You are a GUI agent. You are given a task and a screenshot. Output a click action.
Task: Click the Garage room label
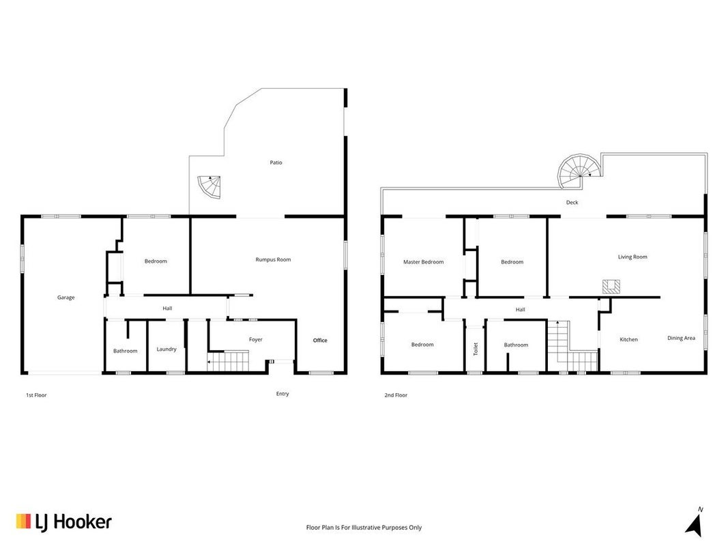point(66,298)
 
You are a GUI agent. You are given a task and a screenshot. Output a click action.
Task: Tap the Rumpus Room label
point(273,259)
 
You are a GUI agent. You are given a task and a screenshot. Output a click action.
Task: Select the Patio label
point(276,162)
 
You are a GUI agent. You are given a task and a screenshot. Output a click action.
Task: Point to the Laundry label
point(166,349)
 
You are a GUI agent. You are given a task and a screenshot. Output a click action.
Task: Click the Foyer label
point(255,340)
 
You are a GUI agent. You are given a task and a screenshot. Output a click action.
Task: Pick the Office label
point(320,341)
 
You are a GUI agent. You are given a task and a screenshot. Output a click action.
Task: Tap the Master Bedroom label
point(423,262)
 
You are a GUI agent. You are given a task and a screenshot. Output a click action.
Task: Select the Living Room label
point(632,257)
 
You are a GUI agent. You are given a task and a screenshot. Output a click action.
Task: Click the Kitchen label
point(628,339)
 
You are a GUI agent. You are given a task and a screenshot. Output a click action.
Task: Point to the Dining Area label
point(681,338)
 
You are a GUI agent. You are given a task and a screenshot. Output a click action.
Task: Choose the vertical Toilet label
point(476,349)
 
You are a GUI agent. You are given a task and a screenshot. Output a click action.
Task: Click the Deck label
point(572,203)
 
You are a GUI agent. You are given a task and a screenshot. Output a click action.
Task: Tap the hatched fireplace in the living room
point(611,287)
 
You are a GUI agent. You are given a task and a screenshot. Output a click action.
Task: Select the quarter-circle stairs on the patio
point(210,186)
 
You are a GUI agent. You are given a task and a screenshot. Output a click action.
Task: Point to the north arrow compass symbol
point(694,523)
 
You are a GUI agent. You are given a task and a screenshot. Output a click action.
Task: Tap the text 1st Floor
point(36,395)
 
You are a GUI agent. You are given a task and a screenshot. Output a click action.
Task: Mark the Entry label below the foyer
point(282,394)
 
